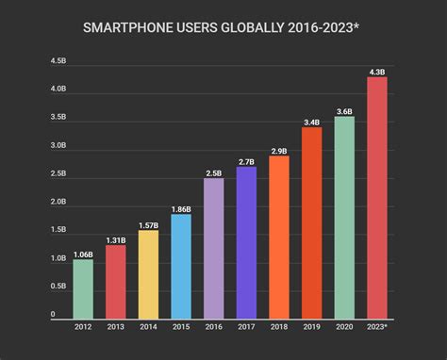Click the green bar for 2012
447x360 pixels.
tap(83, 287)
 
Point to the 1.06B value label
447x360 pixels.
tap(83, 254)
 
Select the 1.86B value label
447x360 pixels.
tap(181, 208)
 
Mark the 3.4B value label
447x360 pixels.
tap(311, 122)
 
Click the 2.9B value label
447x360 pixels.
tap(279, 150)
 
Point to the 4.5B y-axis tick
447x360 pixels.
tap(58, 61)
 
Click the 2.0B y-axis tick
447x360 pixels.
tap(58, 202)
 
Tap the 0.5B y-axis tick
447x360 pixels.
tap(58, 286)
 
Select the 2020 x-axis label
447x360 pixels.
tap(344, 326)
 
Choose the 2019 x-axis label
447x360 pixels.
tap(311, 326)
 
